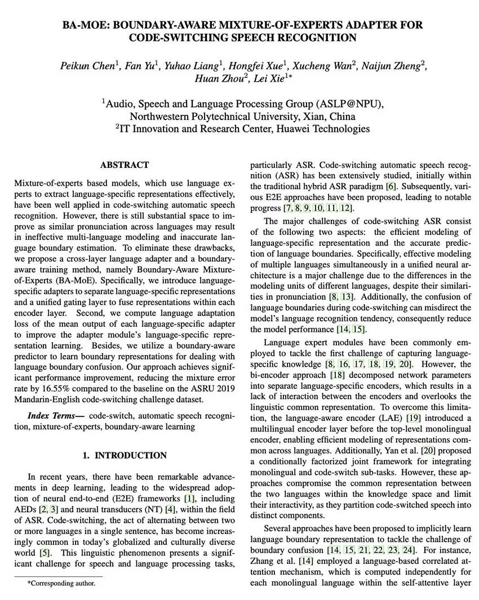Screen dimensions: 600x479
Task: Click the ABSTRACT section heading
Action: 125,165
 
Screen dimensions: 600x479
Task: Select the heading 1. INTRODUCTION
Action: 125,455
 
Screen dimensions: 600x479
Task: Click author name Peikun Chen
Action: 87,65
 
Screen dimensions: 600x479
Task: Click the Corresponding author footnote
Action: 61,584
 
